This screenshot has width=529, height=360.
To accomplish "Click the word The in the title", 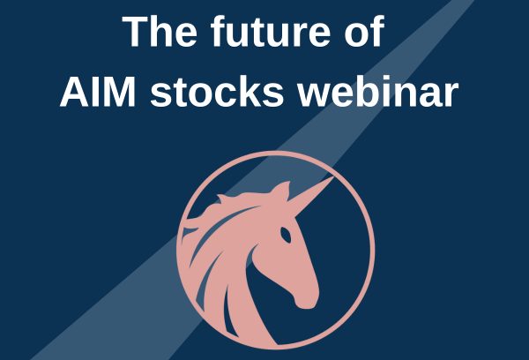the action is tap(160, 31).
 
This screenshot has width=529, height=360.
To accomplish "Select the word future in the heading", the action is tap(271, 31).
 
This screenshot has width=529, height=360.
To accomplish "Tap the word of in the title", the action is tap(364, 31).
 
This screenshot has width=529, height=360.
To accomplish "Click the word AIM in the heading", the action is tap(98, 92).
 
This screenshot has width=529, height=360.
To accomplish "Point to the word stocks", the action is tap(217, 91).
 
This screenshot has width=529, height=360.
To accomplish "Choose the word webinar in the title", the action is tap(377, 91).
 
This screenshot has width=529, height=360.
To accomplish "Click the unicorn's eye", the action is tap(286, 235).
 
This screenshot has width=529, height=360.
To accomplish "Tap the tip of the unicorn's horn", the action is tap(333, 176).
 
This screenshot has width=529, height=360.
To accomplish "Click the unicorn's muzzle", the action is tap(305, 297).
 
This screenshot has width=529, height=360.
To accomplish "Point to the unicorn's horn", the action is tap(310, 189).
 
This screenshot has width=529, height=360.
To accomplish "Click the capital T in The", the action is tap(136, 31).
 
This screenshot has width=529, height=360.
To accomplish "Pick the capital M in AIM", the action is tap(121, 92).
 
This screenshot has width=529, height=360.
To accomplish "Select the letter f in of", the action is tap(378, 30).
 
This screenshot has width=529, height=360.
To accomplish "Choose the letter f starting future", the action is tap(219, 30).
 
